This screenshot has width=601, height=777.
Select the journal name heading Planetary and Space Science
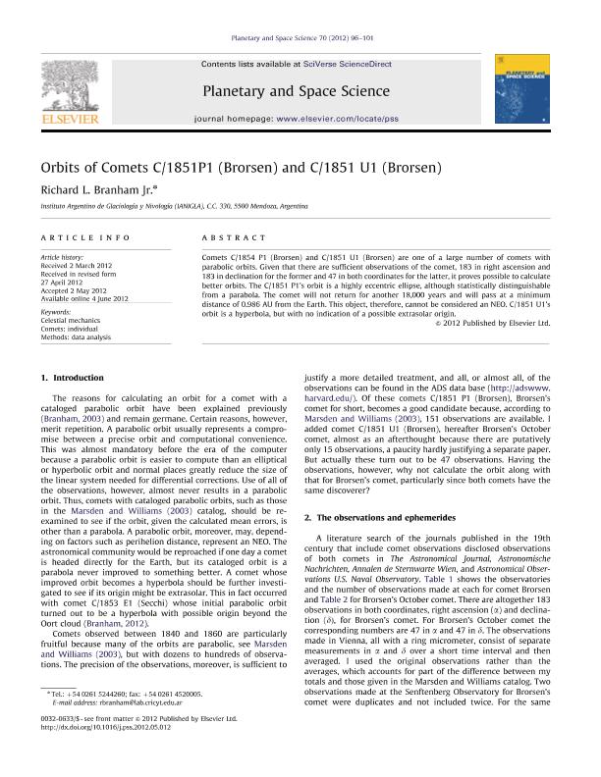pyautogui.click(x=296, y=91)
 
